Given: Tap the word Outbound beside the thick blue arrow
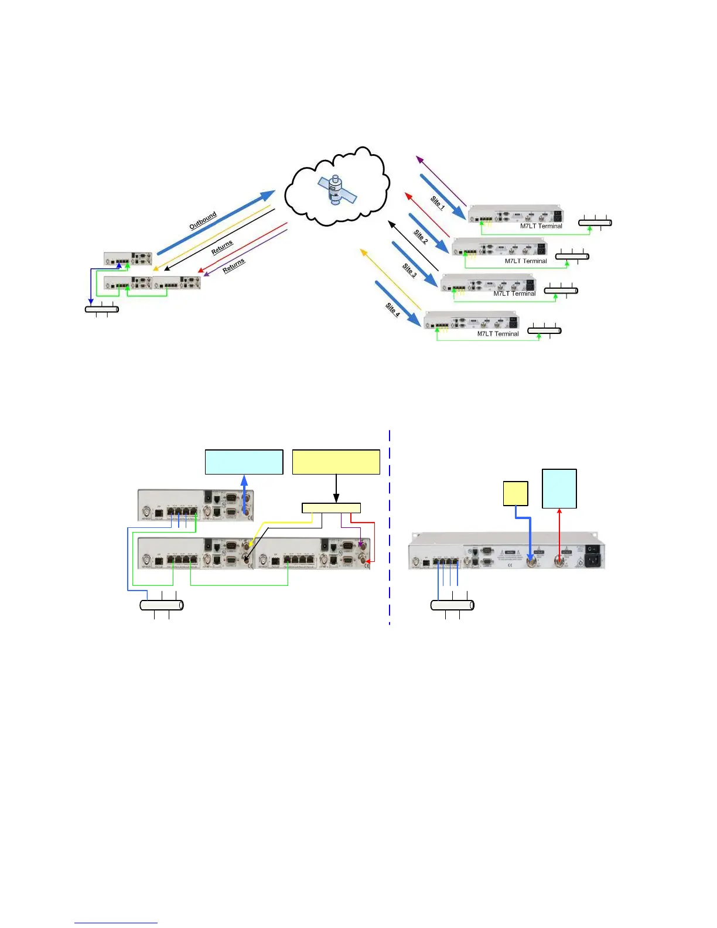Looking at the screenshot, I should click(203, 220).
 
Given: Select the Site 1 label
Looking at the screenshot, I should click(438, 203).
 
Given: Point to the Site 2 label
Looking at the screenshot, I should click(421, 237).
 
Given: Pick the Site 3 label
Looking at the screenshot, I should click(409, 270).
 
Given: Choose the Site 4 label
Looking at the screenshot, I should click(392, 309).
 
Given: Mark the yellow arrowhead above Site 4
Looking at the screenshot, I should click(363, 252).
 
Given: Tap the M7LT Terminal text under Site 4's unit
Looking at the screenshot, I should click(497, 334).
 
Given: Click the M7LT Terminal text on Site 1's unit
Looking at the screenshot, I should click(541, 226).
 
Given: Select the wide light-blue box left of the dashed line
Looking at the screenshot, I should click(244, 462).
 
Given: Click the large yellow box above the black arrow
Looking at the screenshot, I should click(336, 462).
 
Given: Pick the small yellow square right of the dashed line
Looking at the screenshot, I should click(515, 493).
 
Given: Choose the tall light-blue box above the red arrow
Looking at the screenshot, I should click(559, 488).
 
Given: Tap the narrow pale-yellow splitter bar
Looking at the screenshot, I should click(331, 508).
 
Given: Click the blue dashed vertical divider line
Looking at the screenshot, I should click(390, 527).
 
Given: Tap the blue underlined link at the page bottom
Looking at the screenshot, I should click(116, 923).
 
